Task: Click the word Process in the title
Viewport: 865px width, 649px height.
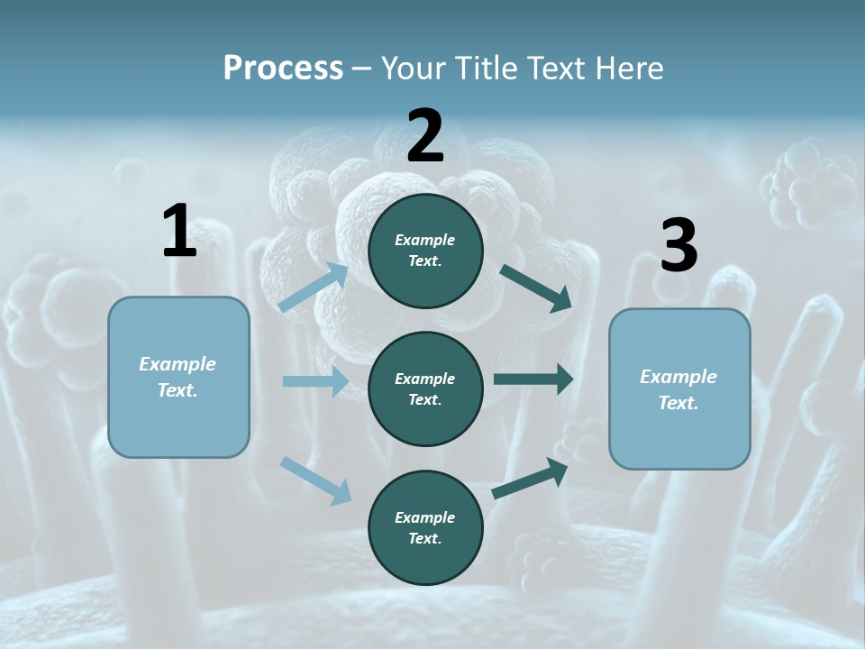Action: (x=283, y=69)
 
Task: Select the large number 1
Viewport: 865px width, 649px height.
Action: (x=179, y=232)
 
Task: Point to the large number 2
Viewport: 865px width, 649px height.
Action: (x=425, y=136)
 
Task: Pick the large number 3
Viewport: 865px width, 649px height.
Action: (x=678, y=246)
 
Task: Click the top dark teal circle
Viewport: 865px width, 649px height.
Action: (x=425, y=251)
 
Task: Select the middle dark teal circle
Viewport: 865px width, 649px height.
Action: (x=425, y=388)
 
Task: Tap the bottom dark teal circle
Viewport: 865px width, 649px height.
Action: (x=425, y=527)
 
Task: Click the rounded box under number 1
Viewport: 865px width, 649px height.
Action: (x=178, y=377)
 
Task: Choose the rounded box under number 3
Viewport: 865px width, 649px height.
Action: (x=679, y=389)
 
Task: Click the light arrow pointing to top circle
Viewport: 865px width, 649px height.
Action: (x=314, y=288)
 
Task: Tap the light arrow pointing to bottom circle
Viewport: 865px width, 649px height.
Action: (x=315, y=479)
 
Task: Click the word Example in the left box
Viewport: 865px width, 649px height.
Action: (x=178, y=364)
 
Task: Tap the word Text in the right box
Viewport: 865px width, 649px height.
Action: (x=678, y=403)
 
